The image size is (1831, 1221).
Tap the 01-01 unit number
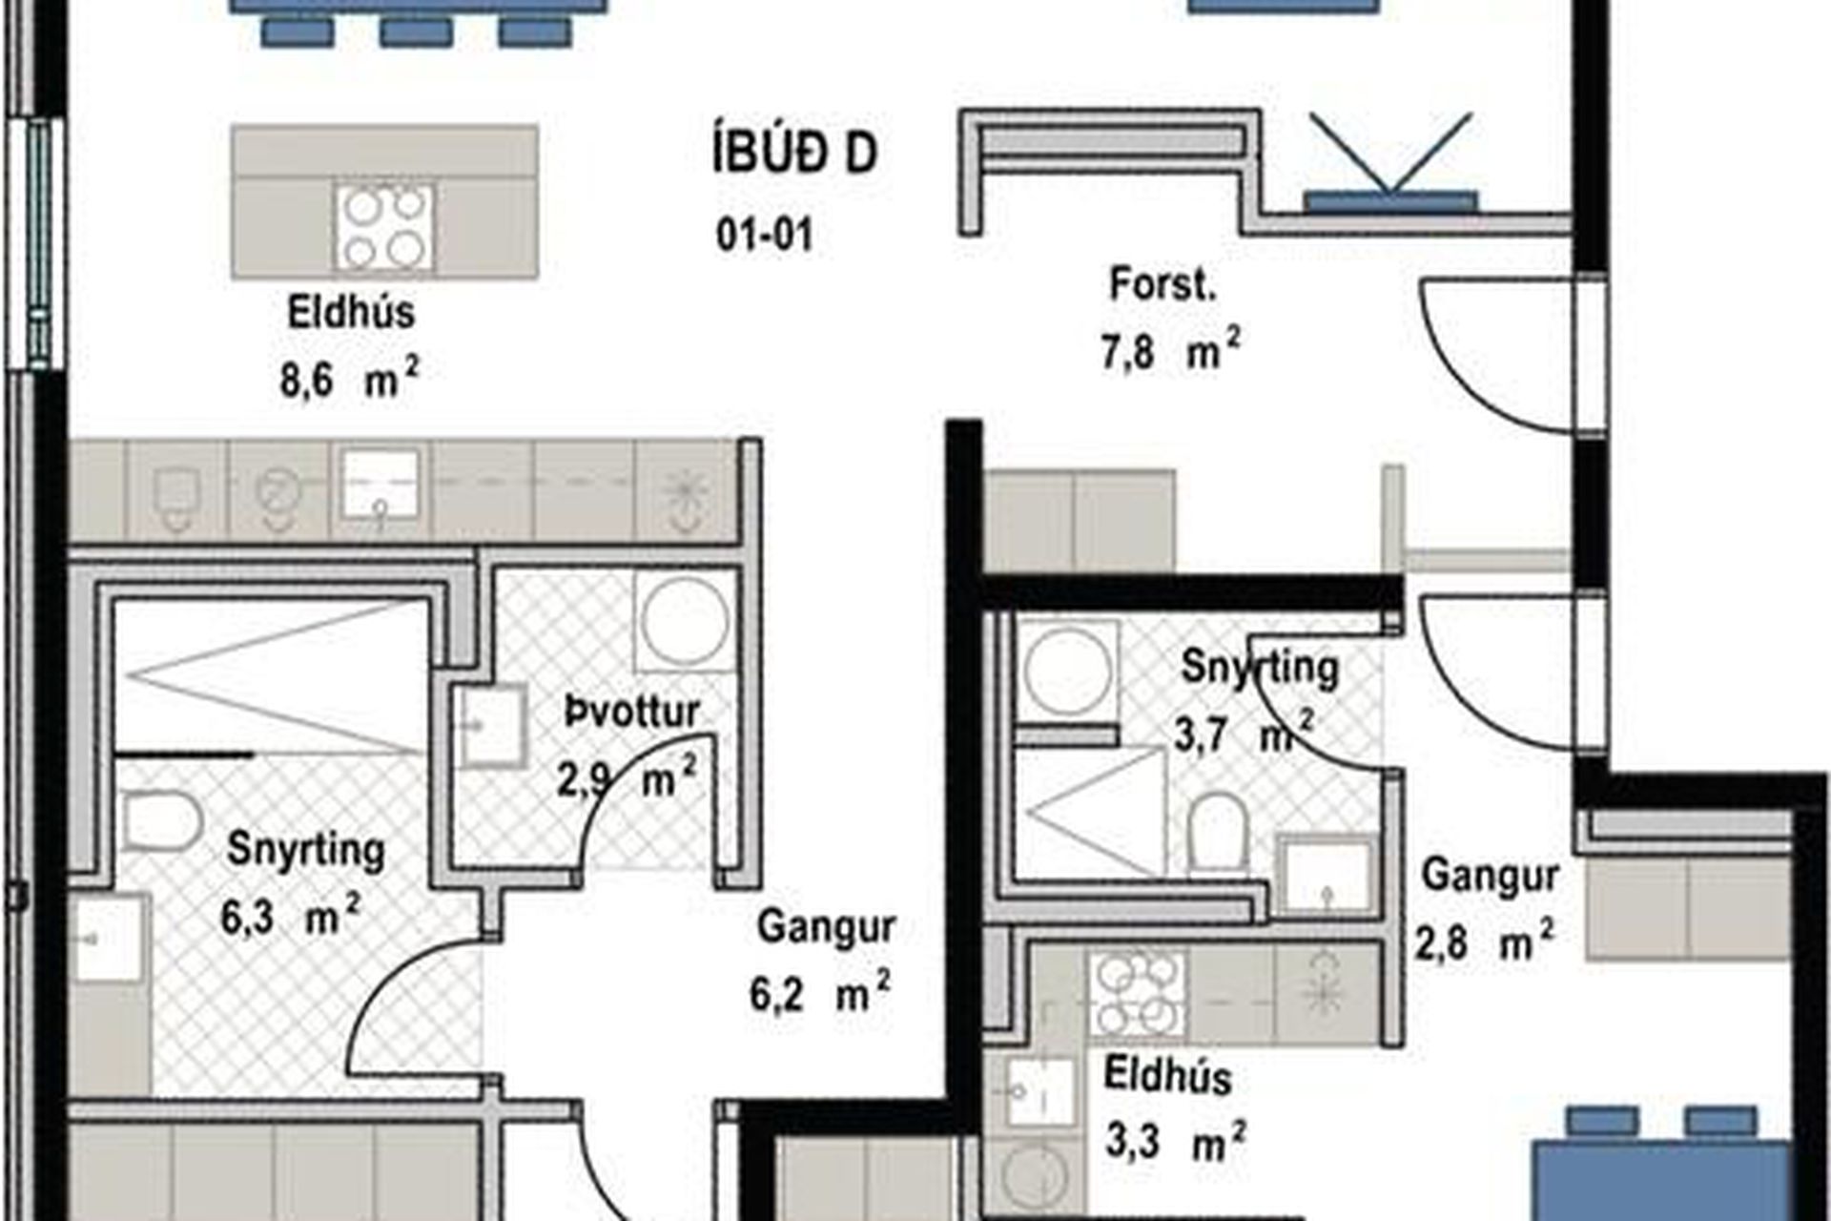[x=765, y=235]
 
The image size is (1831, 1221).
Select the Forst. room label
[x=1162, y=285]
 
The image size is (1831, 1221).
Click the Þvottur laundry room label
[x=632, y=711]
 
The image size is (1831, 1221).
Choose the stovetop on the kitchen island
[x=384, y=226]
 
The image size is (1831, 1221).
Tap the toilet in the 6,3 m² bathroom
[x=161, y=821]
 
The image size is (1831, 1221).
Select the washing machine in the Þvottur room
[x=685, y=621]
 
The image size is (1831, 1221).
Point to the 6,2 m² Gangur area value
[x=820, y=993]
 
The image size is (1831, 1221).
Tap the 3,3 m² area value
[x=1176, y=1140]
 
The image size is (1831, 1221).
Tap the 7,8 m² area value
[x=1172, y=351]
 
